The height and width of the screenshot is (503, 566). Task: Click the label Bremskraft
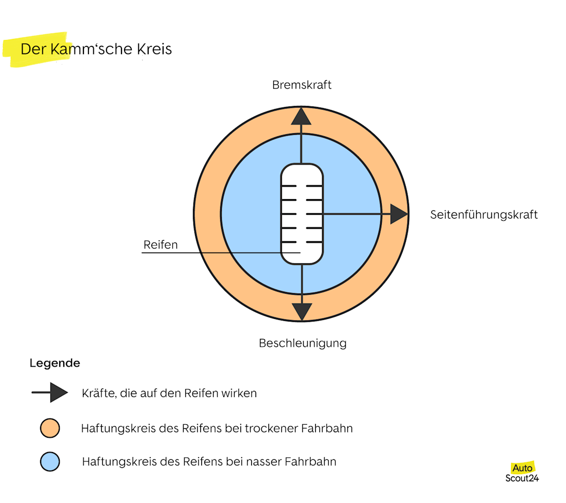[302, 85]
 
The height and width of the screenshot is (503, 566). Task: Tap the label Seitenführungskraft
[484, 214]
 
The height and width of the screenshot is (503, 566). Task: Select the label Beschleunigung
[303, 343]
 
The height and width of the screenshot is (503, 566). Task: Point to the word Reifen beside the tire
[161, 245]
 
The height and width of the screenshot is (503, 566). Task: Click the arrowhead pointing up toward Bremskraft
[302, 117]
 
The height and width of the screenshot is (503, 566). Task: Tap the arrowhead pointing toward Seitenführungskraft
[398, 214]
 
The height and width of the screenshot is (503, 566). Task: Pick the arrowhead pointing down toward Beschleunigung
[302, 311]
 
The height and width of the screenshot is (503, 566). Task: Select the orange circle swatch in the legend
[50, 428]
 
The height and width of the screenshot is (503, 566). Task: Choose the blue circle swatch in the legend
[50, 461]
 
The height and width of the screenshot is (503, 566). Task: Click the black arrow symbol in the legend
[50, 393]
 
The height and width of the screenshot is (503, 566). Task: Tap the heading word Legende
[55, 363]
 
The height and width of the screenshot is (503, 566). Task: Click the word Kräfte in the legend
[98, 393]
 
